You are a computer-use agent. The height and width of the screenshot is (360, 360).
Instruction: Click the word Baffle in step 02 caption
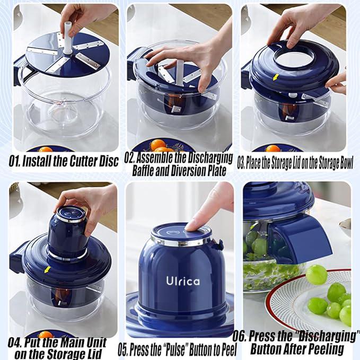click(x=147, y=171)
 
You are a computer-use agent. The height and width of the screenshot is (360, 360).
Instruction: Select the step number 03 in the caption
click(x=241, y=163)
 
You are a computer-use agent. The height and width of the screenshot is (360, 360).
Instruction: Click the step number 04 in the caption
click(x=17, y=343)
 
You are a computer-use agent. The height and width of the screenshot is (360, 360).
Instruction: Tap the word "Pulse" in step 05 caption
click(x=169, y=349)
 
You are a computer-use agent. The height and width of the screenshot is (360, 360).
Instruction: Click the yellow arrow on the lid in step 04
click(x=48, y=269)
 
